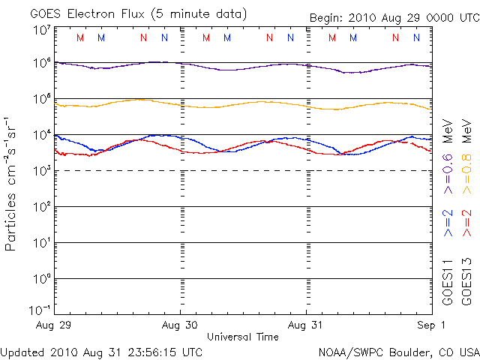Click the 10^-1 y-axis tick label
point(40,309)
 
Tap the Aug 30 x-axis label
point(181,325)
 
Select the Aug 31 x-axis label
point(306,325)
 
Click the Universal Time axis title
point(242,337)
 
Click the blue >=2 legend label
point(448,223)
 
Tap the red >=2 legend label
point(466,223)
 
